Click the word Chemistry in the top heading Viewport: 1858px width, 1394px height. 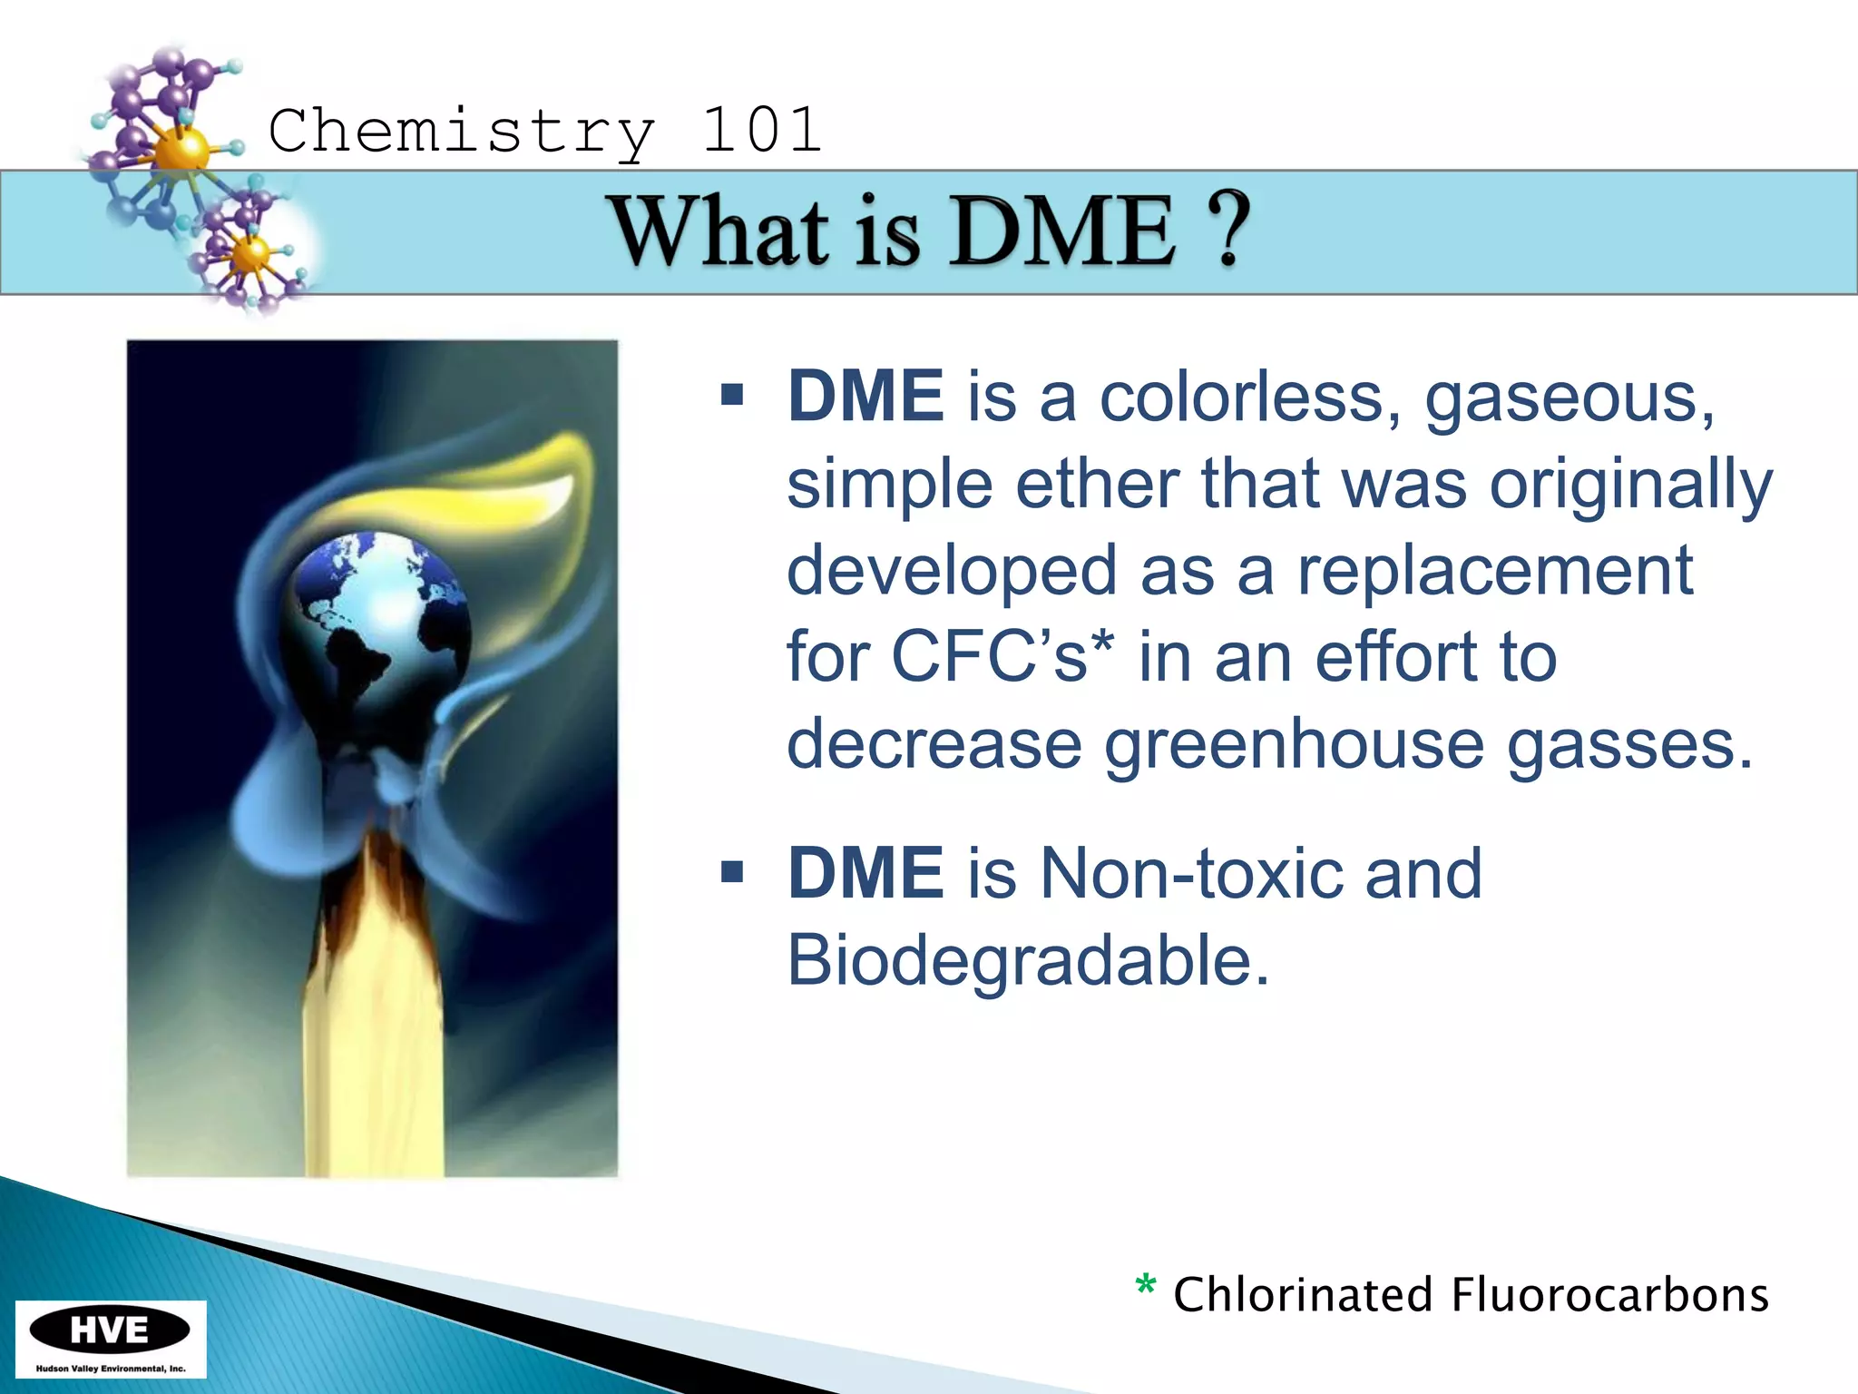[461, 133]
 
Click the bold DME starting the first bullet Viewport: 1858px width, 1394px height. [865, 397]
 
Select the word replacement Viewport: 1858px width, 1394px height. [1494, 570]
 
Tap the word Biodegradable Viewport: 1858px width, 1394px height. [1027, 960]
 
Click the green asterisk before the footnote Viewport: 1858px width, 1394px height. [1146, 1286]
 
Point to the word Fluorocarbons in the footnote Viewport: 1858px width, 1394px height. [1609, 1295]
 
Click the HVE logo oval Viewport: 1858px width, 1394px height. [110, 1330]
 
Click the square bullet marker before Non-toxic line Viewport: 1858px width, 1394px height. [732, 873]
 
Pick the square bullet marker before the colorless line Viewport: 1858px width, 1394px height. [732, 396]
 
